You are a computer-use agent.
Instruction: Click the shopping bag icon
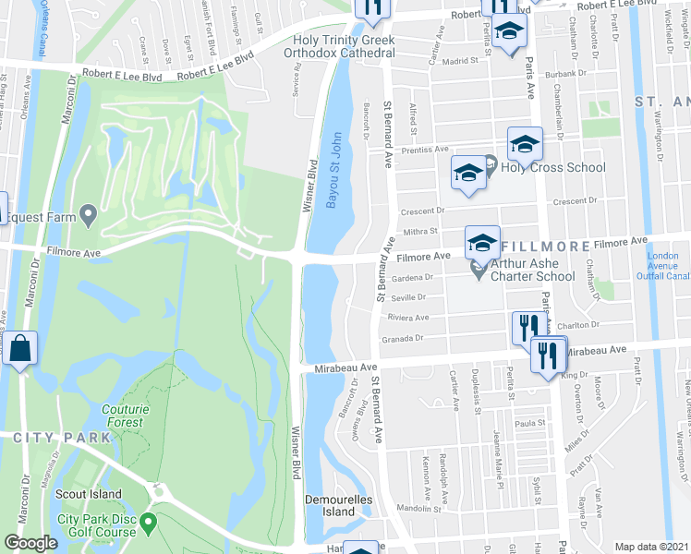click(18, 349)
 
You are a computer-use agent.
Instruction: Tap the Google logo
click(31, 543)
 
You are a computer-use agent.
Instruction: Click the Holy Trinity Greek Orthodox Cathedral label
click(344, 46)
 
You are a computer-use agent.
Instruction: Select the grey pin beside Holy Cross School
click(491, 166)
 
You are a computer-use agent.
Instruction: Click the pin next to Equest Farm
click(89, 217)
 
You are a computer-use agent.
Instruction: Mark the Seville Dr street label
click(408, 296)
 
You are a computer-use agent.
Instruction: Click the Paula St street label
click(526, 422)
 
